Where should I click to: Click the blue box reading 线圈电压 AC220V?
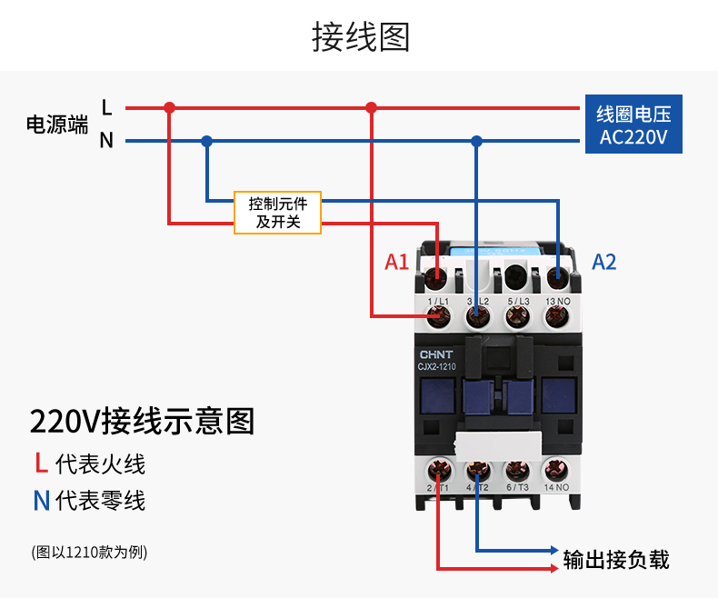[x=633, y=126]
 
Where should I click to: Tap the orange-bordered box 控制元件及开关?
[x=277, y=213]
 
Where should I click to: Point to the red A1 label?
[x=397, y=263]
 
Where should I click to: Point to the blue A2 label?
[x=604, y=263]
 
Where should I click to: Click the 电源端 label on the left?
[x=57, y=125]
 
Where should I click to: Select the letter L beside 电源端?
[x=106, y=108]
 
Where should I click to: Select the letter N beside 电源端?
[x=106, y=141]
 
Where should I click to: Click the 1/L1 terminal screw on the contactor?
[x=439, y=316]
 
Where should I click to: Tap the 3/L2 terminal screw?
[x=478, y=316]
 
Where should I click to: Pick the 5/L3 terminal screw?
[x=517, y=316]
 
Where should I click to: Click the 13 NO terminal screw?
[x=556, y=316]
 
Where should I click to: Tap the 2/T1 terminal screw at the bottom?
[x=439, y=471]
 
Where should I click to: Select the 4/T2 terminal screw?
[x=478, y=471]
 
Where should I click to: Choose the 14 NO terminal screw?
[x=556, y=471]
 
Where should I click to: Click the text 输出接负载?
[x=615, y=560]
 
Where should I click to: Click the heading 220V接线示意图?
[x=142, y=422]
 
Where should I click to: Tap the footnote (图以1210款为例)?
[x=89, y=552]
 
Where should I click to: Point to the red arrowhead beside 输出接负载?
[x=553, y=569]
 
